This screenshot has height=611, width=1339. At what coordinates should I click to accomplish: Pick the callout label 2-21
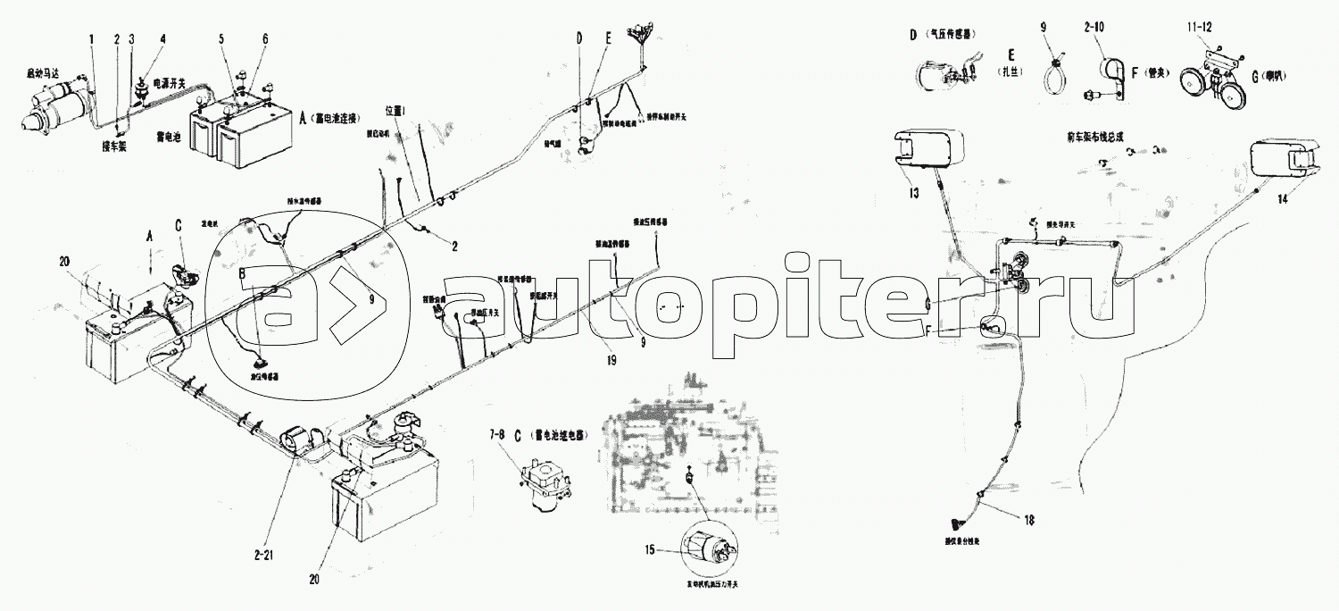[264, 555]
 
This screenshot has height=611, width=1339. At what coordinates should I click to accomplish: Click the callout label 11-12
[1200, 28]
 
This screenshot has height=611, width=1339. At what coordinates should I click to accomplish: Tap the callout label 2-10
[1094, 28]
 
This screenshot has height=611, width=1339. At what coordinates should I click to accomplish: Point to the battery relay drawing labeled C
[541, 481]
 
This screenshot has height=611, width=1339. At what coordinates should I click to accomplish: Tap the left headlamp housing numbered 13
[928, 149]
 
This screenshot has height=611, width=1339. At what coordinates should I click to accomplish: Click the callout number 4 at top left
[162, 39]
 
